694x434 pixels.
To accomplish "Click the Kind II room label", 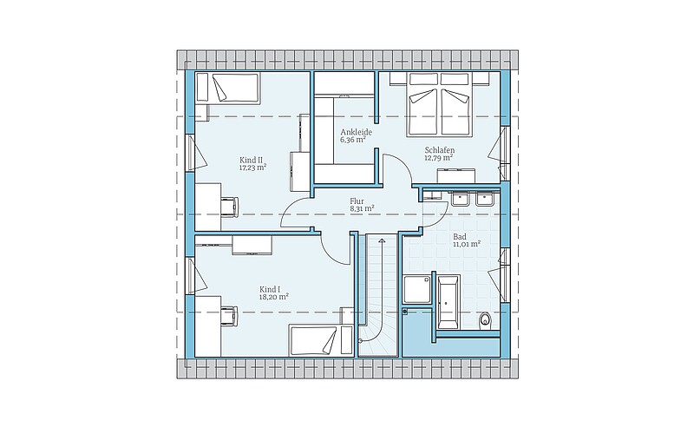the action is [248, 160].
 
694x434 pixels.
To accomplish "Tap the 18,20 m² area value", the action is [274, 297].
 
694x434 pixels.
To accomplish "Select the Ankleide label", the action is [356, 133].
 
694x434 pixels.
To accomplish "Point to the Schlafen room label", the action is [440, 150].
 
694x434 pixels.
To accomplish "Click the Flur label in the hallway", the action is [357, 201].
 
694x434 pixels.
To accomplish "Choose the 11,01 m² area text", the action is [467, 244].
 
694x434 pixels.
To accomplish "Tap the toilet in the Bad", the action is [486, 320].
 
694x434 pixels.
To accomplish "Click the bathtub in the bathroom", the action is [448, 302].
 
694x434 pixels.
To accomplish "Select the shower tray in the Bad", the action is [417, 289].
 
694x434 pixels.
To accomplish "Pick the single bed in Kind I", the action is [315, 340].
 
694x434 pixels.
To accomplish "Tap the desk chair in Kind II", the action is [230, 207].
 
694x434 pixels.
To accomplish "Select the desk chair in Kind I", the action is [229, 315].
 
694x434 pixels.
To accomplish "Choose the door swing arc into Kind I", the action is [333, 253].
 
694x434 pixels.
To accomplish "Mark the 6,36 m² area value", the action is [353, 141].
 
